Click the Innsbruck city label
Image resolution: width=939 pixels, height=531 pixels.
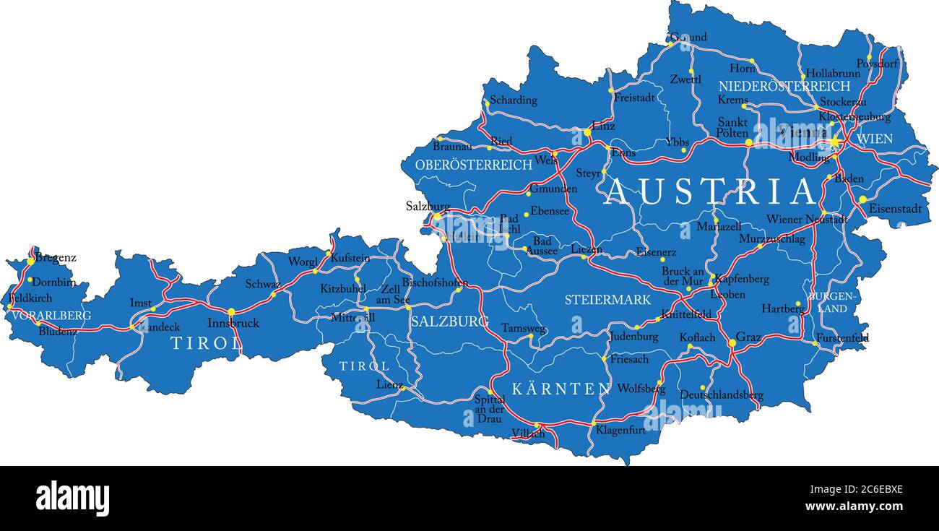[233, 323]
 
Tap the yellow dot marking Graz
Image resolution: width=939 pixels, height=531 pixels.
[732, 343]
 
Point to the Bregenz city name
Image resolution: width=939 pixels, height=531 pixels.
[56, 257]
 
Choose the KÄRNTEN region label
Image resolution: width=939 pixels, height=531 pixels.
[561, 389]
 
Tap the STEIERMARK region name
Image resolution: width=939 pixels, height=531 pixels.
[607, 299]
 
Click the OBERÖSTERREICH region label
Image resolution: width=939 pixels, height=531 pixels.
[473, 165]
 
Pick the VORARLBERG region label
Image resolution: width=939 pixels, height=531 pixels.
[51, 316]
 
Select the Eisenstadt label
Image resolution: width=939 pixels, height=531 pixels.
[895, 209]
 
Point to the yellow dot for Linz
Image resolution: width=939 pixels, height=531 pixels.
[587, 132]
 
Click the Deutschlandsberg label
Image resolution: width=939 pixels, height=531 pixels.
[721, 395]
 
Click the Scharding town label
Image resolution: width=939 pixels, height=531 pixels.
[514, 100]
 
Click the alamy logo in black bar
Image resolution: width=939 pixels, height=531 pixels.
[72, 498]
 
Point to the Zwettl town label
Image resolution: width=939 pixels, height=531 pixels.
[685, 79]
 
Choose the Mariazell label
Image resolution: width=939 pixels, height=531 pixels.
[719, 227]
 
